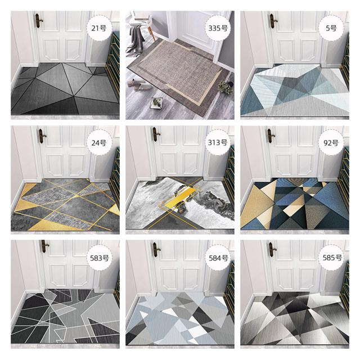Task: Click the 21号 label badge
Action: point(99,28)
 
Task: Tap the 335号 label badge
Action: point(218,28)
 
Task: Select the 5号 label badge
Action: point(331,28)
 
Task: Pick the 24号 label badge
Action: point(99,143)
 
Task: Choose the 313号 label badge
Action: point(218,142)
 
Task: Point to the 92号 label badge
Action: point(331,143)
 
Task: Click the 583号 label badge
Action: point(99,258)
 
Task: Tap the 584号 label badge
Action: point(218,258)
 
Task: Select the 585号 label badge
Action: point(332,258)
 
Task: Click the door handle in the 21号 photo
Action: point(38,21)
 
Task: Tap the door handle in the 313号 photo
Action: point(156,135)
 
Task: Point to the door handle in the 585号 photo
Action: point(272,250)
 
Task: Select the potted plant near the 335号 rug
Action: point(225,87)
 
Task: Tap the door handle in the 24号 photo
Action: point(42,136)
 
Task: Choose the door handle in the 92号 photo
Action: point(271,136)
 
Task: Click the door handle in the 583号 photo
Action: point(45,246)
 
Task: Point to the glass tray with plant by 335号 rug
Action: point(156,103)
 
